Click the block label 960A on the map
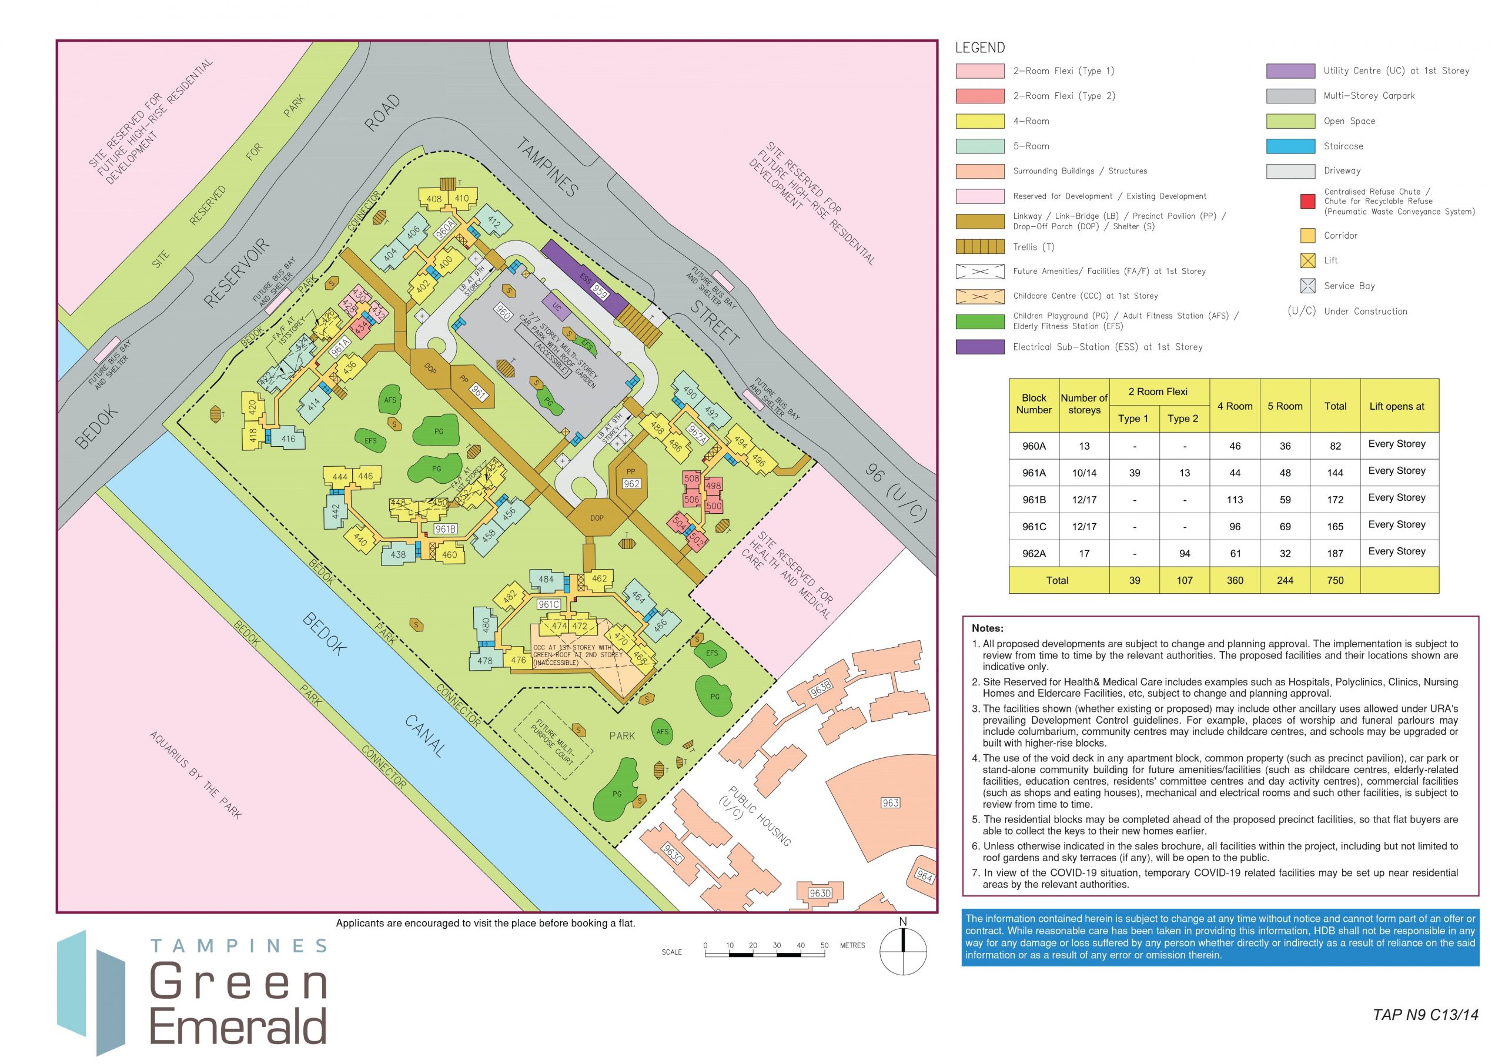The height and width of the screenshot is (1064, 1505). [444, 229]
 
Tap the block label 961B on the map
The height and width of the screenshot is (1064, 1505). [445, 529]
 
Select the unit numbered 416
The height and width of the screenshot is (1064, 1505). [289, 439]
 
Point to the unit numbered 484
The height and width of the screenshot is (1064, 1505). [546, 579]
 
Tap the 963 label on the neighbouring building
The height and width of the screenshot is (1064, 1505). [890, 802]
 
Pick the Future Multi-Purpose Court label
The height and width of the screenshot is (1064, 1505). [554, 741]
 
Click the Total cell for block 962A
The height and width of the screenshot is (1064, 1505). [1335, 553]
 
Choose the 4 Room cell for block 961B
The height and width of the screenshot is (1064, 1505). [1235, 500]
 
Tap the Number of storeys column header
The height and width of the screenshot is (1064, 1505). [1083, 404]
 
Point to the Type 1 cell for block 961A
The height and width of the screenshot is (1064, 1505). [1134, 473]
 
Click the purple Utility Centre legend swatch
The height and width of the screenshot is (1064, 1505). [1290, 71]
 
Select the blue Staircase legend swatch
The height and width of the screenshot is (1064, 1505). [1290, 146]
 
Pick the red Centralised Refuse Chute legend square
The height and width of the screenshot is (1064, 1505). [1307, 201]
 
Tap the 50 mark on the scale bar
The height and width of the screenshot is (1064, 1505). [824, 945]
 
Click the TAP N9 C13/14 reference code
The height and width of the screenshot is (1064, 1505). [1425, 1014]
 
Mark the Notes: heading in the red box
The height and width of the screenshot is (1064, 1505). [987, 628]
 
